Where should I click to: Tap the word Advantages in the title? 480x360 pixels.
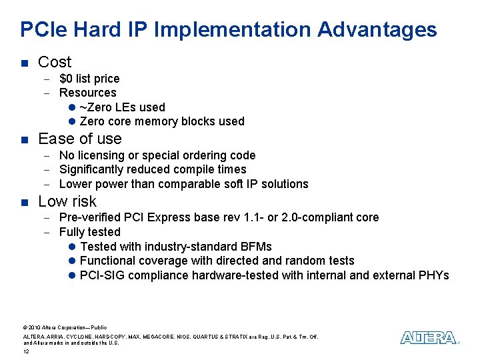pos(377,30)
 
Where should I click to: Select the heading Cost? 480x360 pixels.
pos(55,62)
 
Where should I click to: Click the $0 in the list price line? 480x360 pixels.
pos(67,79)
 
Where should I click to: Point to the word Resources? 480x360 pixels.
pos(87,93)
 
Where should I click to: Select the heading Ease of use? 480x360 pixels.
pos(80,139)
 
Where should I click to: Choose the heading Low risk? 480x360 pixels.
pos(67,201)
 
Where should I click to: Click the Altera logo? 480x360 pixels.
pos(429,337)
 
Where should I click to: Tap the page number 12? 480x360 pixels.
pos(26,351)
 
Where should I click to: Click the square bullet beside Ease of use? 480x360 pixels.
pos(24,139)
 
